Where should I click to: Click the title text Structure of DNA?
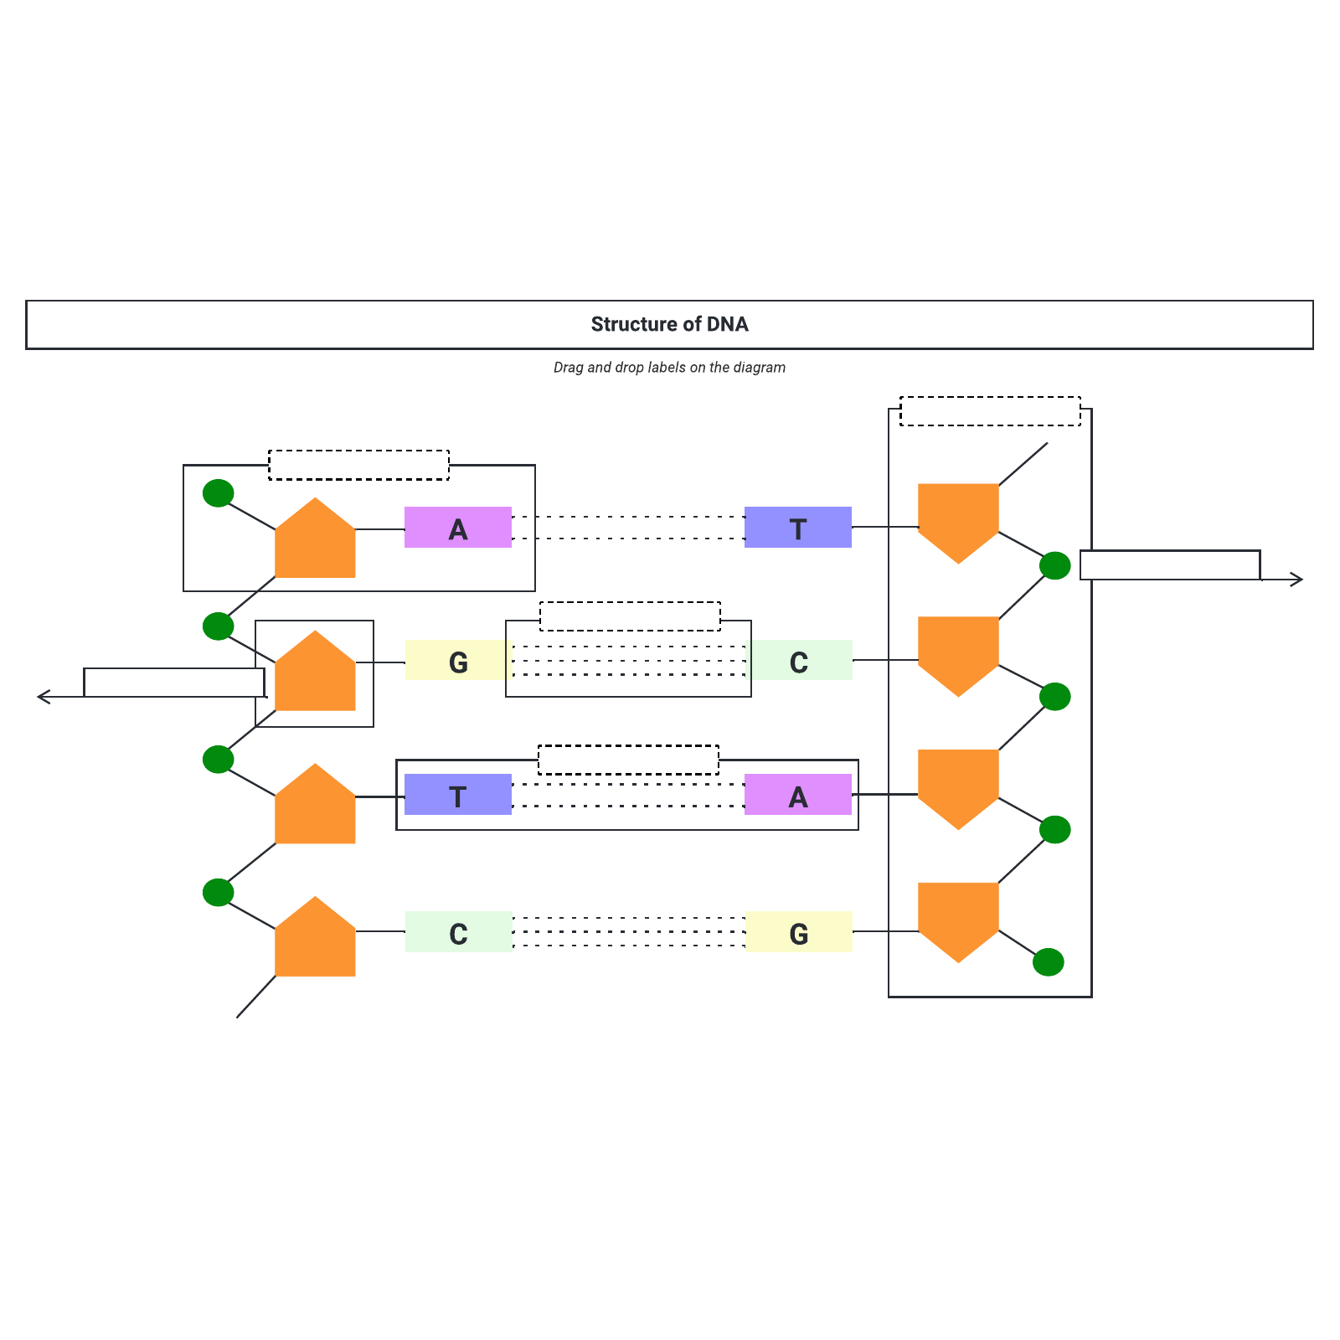tap(669, 324)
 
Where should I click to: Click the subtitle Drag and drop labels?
tap(669, 368)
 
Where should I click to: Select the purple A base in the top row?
tap(458, 528)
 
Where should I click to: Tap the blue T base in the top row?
tap(798, 528)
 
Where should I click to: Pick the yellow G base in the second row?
tap(458, 661)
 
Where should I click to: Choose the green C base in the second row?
tap(798, 661)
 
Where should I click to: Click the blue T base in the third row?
tap(458, 795)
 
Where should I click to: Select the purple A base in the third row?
tap(798, 795)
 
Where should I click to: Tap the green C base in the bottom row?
tap(458, 932)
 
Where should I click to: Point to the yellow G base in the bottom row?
tap(798, 932)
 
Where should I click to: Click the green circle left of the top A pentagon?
tap(219, 493)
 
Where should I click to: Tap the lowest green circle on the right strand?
tap(1049, 962)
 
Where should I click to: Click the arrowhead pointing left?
tap(42, 697)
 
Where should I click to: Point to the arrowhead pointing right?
tap(1298, 580)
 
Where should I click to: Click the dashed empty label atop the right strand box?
tap(990, 411)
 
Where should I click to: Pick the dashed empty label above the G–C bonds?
tap(630, 616)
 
